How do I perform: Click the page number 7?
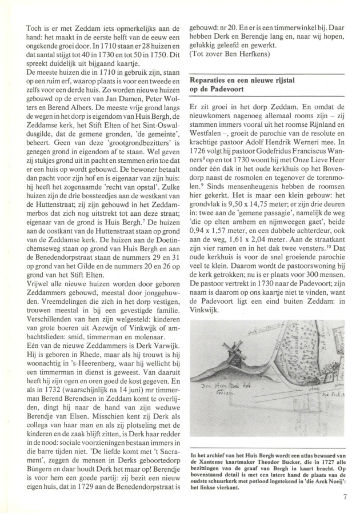click(x=345, y=497)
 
